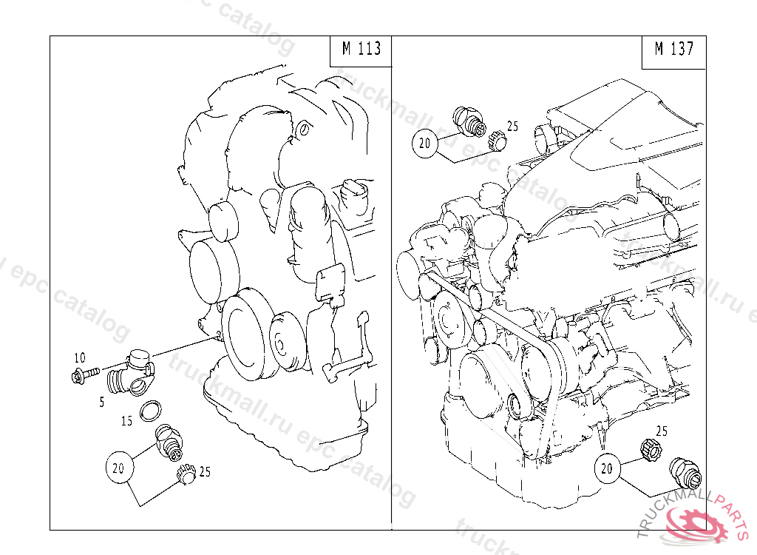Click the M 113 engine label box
pyautogui.click(x=361, y=51)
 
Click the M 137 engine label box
pyautogui.click(x=674, y=53)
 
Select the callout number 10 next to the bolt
pyautogui.click(x=80, y=357)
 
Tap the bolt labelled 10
pyautogui.click(x=85, y=374)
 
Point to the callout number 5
pyautogui.click(x=102, y=402)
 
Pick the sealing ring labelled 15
pyautogui.click(x=151, y=411)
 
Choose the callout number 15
pyautogui.click(x=126, y=421)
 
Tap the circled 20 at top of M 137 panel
pyautogui.click(x=425, y=143)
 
